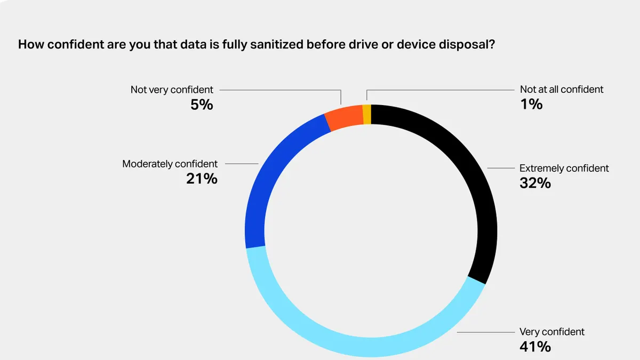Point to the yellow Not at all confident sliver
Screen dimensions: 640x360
pyautogui.click(x=367, y=114)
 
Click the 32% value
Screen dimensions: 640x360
pyautogui.click(x=535, y=183)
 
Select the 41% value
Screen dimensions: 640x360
pyautogui.click(x=535, y=347)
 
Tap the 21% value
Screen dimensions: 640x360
pyautogui.click(x=202, y=179)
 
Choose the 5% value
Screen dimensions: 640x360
pyautogui.click(x=202, y=105)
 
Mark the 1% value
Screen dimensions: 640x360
pyautogui.click(x=531, y=104)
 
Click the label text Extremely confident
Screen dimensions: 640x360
pyautogui.click(x=564, y=169)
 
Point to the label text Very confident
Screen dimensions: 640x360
pyautogui.click(x=552, y=332)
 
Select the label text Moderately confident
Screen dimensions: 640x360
pyautogui.click(x=170, y=164)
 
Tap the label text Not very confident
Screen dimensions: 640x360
pyautogui.click(x=172, y=90)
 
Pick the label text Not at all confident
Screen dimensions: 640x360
pyautogui.click(x=562, y=90)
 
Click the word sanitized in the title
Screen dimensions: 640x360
pyautogui.click(x=277, y=45)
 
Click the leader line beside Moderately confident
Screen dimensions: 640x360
pyautogui.click(x=242, y=164)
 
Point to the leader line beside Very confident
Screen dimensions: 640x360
pyautogui.click(x=486, y=332)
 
